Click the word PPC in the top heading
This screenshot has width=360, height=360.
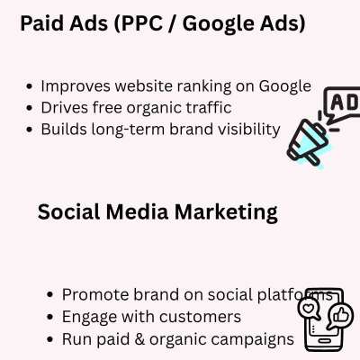[x=141, y=23]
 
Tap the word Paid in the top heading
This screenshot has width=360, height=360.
[x=41, y=23]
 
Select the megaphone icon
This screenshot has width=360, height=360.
[x=308, y=142]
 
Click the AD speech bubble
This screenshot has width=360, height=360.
[x=343, y=103]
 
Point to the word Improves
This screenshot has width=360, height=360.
[x=76, y=86]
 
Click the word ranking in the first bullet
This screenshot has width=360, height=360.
[x=204, y=86]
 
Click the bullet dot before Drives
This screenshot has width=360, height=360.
[x=29, y=108]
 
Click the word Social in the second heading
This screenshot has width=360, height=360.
[x=69, y=211]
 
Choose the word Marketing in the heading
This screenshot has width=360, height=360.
[x=226, y=212]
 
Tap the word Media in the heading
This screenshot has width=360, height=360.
[x=137, y=211]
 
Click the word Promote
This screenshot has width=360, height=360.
[x=95, y=294]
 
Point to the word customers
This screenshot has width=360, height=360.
[x=200, y=317]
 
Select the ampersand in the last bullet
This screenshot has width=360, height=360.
[x=139, y=339]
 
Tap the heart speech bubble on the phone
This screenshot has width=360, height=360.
[x=309, y=309]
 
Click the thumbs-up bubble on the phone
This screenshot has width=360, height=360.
[x=340, y=316]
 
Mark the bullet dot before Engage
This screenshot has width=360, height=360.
[x=50, y=317]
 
